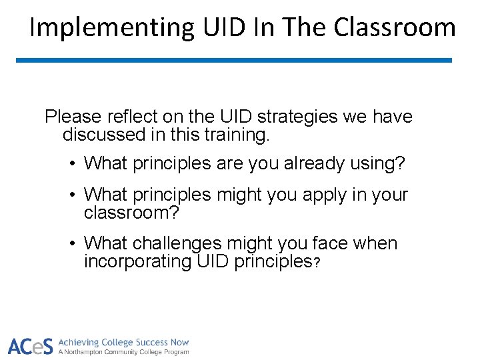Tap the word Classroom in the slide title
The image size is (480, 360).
pos(395,28)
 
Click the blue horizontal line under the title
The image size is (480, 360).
pos(233,60)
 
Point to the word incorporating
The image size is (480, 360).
pos(138,262)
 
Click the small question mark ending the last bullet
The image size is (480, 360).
pos(317,263)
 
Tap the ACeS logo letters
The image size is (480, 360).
pos(29,347)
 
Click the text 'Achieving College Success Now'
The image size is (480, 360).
pos(123,342)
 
